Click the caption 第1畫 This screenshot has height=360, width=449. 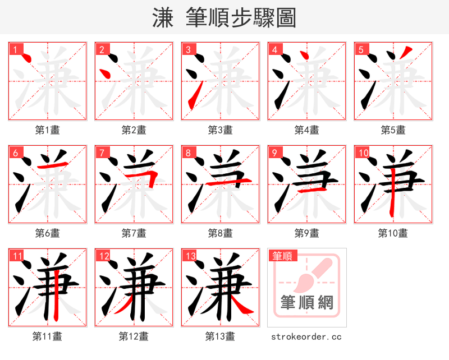coord(48,130)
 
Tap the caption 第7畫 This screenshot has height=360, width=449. coord(134,233)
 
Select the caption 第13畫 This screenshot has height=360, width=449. coord(220,336)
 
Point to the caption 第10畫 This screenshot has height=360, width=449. coord(393,233)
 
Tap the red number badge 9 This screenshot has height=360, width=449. coord(274,153)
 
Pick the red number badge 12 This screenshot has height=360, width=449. coord(103,256)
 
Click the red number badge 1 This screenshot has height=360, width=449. coord(15,50)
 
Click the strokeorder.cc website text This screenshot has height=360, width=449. coord(306,337)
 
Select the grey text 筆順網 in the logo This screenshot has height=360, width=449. coord(306,303)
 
